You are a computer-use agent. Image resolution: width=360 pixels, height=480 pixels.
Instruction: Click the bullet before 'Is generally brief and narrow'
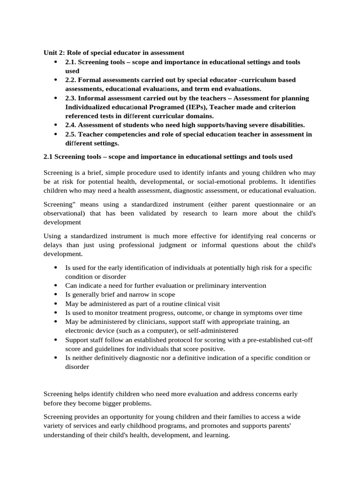[55, 295]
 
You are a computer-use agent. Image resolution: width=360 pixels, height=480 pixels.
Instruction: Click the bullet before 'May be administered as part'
[55, 304]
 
